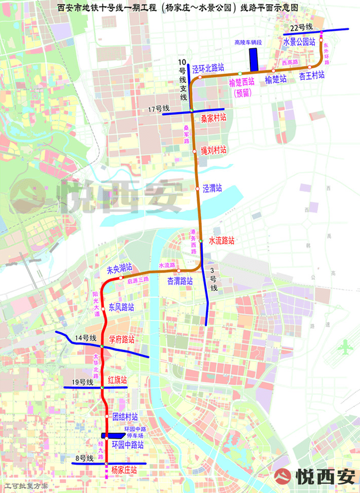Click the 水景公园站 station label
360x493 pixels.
click(x=299, y=42)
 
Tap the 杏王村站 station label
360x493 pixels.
click(x=312, y=77)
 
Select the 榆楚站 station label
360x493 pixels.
click(x=276, y=79)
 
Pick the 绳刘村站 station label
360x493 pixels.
click(x=213, y=151)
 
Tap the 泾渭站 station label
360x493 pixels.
click(x=212, y=188)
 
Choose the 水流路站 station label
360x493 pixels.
click(x=221, y=240)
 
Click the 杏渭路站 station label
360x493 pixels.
click(x=180, y=281)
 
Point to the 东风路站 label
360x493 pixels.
click(x=121, y=308)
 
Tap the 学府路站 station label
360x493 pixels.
click(x=122, y=339)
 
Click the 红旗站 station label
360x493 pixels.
click(x=118, y=380)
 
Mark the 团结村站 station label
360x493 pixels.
click(x=125, y=416)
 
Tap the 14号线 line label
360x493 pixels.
click(x=85, y=338)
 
